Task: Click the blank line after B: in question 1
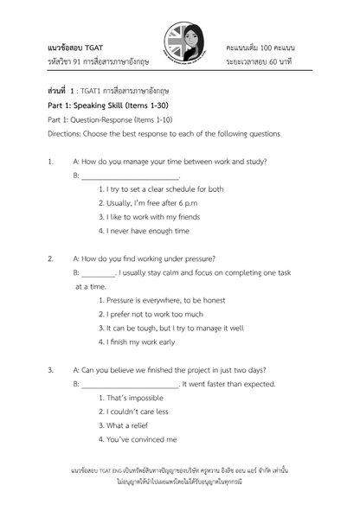pos(130,177)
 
